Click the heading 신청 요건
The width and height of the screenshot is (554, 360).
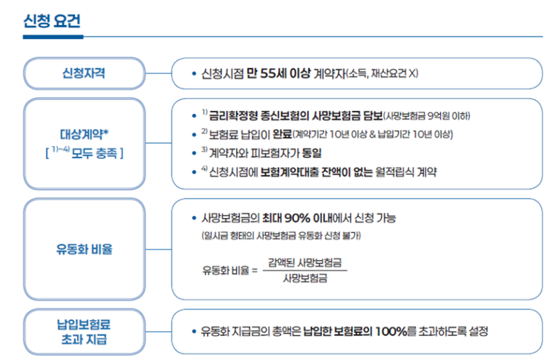52,20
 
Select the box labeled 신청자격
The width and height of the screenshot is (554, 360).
84,73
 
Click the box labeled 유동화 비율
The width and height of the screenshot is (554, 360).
84,249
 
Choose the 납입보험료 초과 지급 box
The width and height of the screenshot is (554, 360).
84,331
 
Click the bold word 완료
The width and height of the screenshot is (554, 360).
281,133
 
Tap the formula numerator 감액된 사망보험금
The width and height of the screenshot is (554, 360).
304,262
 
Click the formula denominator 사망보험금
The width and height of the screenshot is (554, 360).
304,278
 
